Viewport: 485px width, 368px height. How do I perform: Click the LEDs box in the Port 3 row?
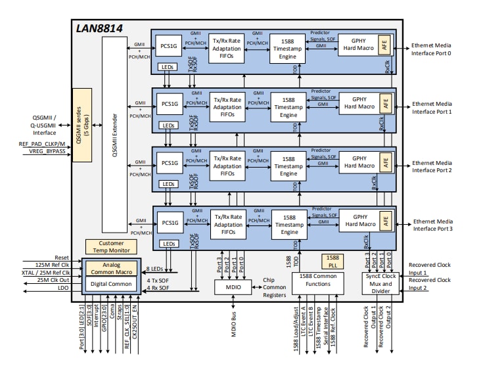click(168, 244)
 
